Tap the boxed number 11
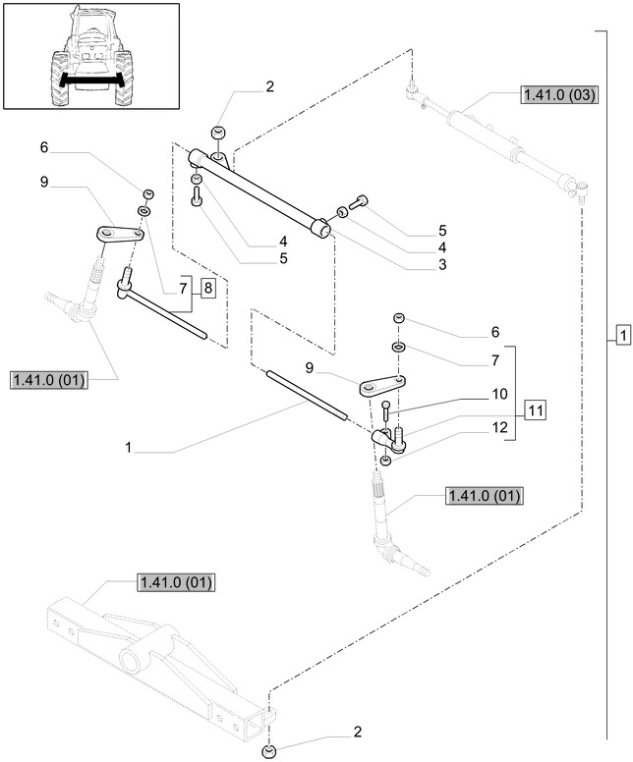[x=535, y=409]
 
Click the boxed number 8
[x=207, y=288]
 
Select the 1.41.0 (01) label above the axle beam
[x=172, y=582]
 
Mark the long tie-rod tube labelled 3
[x=260, y=191]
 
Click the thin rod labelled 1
[x=305, y=393]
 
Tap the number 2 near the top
[x=268, y=87]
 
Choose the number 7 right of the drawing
[x=495, y=361]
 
